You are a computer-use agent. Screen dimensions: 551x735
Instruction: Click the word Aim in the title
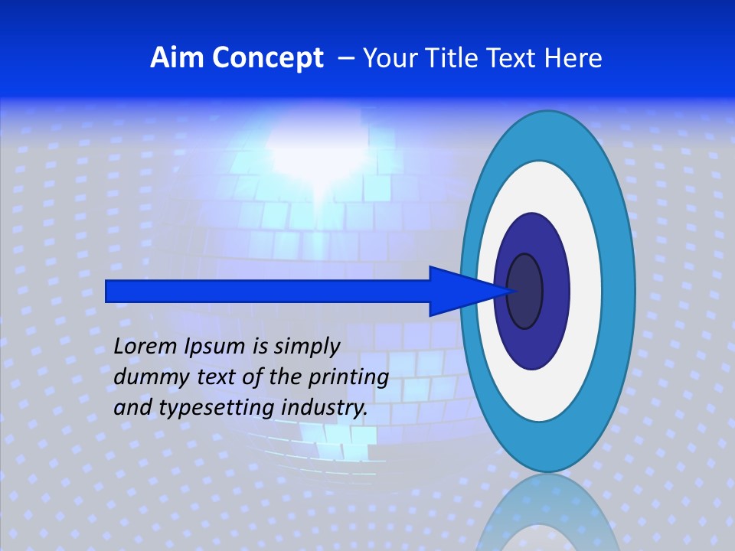click(171, 58)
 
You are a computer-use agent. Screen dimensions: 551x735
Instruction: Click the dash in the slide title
click(345, 58)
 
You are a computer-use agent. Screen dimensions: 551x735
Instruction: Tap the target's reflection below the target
click(547, 517)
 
